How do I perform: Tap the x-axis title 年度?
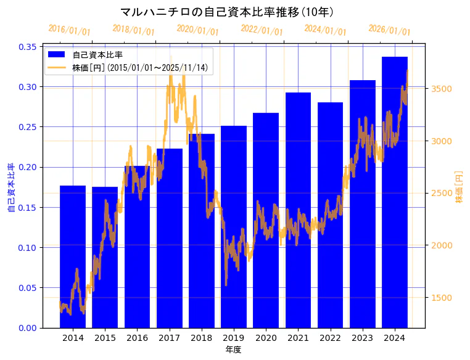(233, 350)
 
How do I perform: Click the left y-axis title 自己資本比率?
(11, 187)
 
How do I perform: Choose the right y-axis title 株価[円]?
(459, 187)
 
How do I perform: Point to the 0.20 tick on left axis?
(27, 167)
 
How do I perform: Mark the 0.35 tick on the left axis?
(27, 47)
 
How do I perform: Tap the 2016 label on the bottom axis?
(137, 338)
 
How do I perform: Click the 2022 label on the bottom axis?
(330, 338)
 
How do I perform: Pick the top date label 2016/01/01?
(69, 30)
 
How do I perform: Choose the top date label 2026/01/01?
(389, 30)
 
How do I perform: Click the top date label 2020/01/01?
(197, 30)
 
